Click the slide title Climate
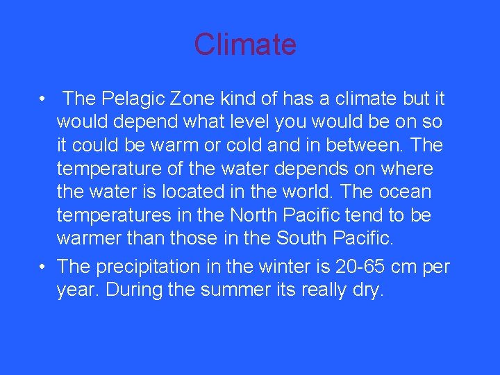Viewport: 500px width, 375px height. click(x=245, y=44)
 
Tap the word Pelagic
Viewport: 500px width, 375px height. click(x=128, y=99)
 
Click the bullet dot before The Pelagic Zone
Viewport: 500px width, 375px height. click(x=43, y=99)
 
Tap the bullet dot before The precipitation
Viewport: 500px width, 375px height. click(x=43, y=266)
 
